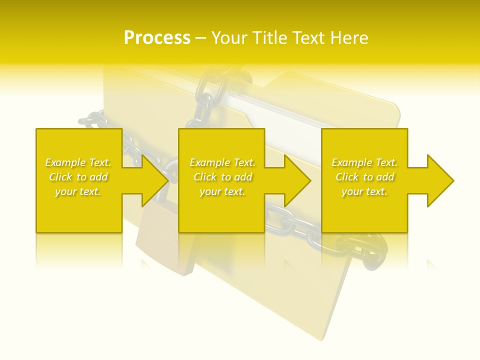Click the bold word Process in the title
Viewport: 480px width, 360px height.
157,38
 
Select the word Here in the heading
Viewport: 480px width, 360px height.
349,38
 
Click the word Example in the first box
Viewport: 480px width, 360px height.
64,162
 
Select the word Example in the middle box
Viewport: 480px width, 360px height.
209,162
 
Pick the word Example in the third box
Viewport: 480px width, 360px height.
351,162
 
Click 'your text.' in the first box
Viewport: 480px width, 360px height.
78,191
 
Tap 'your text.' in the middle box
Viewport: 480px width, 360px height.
222,191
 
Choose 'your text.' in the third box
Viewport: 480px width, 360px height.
364,191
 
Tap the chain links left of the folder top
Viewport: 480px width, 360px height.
93,120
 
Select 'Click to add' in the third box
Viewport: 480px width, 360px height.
364,177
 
